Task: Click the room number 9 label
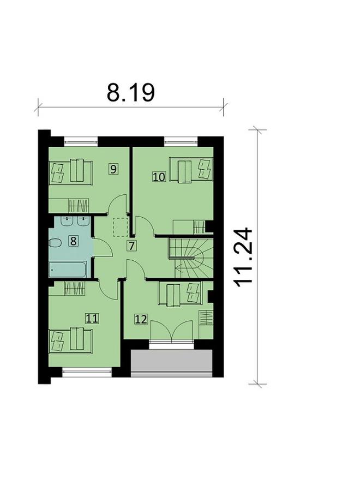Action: click(x=113, y=169)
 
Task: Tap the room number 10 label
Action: click(x=159, y=176)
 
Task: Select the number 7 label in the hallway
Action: click(x=131, y=246)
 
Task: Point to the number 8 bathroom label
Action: click(x=73, y=241)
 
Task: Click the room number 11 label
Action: click(x=92, y=319)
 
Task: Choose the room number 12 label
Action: click(x=141, y=319)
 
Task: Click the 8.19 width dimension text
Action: click(x=130, y=93)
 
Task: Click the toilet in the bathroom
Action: click(x=55, y=243)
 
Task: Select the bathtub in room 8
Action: click(x=68, y=270)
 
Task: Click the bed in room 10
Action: click(x=191, y=170)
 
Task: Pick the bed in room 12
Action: click(x=180, y=294)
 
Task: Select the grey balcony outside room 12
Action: click(x=172, y=363)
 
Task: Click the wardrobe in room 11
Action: click(x=75, y=289)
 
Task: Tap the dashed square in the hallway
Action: click(x=121, y=228)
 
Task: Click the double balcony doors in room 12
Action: click(x=172, y=332)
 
